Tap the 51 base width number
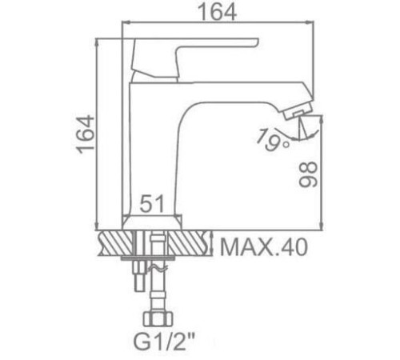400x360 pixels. pyautogui.click(x=154, y=204)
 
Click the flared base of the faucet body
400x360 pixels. pyautogui.click(x=154, y=220)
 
